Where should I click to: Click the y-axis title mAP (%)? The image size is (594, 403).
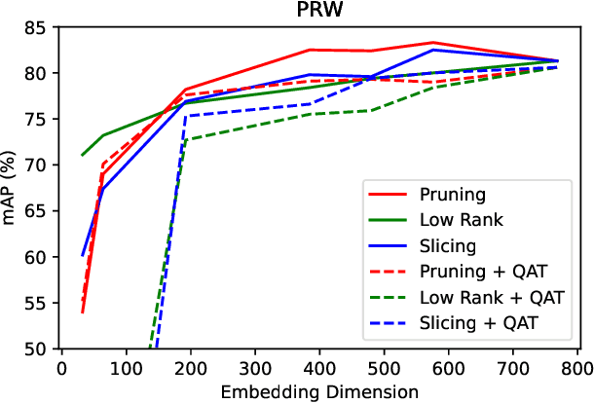[x=12, y=188]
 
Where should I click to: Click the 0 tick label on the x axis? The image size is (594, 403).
[x=61, y=369]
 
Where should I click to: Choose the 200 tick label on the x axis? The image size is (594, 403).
[x=191, y=369]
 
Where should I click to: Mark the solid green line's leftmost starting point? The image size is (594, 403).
[x=82, y=155]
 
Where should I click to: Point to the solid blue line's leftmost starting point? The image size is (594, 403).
[x=82, y=255]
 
